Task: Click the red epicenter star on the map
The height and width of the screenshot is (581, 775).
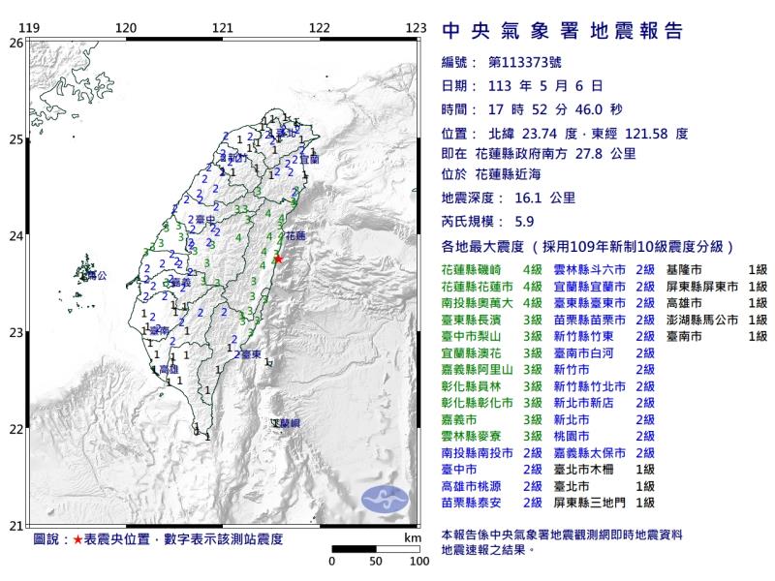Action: coord(278,259)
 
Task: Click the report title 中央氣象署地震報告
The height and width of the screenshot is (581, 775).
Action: coord(562,31)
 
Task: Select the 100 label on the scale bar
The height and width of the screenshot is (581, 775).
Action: coord(419,561)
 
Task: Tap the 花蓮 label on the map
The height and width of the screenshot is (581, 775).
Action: coord(295,235)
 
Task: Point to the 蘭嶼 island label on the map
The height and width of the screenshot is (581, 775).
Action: coord(287,424)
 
